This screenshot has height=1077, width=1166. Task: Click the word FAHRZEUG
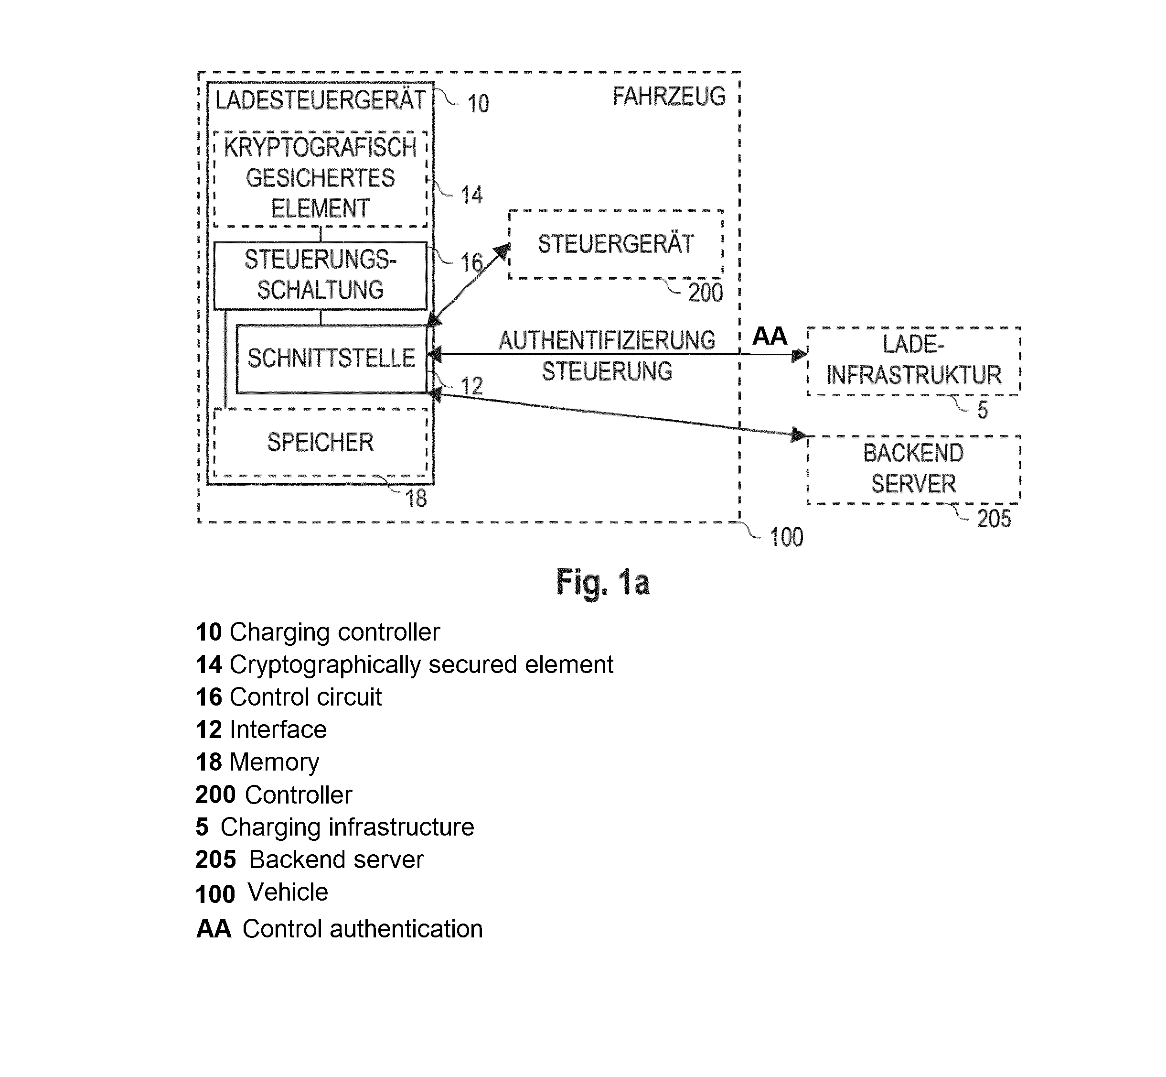coord(669,97)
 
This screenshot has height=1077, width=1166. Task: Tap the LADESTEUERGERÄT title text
coord(321,100)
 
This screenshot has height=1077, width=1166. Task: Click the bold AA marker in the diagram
coord(770,336)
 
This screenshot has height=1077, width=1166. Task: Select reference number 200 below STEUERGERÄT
coord(706,293)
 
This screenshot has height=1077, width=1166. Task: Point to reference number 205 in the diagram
coord(994,519)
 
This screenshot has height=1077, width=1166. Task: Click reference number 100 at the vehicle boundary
coord(786,537)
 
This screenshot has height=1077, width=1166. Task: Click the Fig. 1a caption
coord(603,582)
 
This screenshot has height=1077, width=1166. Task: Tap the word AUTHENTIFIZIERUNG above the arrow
coord(607,341)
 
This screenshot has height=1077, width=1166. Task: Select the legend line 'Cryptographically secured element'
coord(404,665)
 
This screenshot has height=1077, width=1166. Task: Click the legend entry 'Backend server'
coord(309,859)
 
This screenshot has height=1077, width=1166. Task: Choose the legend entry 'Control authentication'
coord(340,929)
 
